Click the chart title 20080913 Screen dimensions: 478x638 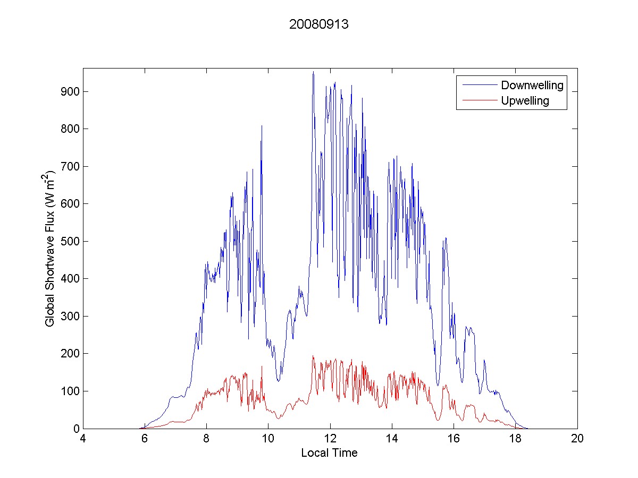318,24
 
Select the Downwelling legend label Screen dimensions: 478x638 532,85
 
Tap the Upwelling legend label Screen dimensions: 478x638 525,101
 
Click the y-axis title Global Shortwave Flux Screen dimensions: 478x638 51,249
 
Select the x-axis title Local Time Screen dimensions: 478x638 329,453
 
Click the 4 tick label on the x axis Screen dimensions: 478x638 83,439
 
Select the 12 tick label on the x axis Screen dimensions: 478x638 330,439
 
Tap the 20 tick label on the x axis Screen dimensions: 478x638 577,439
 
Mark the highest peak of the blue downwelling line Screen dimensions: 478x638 313,72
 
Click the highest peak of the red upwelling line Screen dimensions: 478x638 313,356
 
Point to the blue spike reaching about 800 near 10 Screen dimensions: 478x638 262,126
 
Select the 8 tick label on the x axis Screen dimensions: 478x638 206,439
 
